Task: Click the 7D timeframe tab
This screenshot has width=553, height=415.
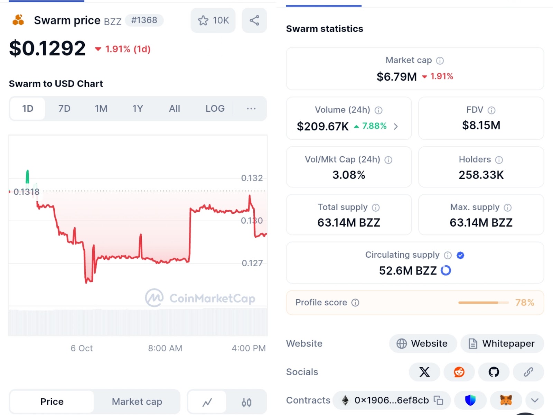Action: [64, 109]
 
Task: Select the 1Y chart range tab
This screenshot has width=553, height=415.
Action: [138, 109]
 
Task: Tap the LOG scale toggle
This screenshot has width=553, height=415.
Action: [215, 109]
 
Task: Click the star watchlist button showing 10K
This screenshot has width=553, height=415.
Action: [213, 20]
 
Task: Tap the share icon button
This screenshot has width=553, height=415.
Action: [254, 20]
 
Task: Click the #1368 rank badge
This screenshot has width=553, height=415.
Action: [144, 20]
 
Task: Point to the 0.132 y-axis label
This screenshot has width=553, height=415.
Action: [252, 178]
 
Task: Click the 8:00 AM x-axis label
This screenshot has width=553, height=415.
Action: [165, 348]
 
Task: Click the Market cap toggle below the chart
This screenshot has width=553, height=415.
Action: [137, 402]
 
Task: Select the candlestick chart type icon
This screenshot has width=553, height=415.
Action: [246, 402]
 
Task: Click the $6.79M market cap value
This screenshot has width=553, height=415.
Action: [397, 76]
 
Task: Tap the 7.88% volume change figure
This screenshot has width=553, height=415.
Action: [374, 126]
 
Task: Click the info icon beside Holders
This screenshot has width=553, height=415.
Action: [499, 160]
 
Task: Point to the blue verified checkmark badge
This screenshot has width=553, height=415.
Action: [460, 255]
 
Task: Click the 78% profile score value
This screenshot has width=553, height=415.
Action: [525, 303]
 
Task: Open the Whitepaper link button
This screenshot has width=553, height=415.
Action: [502, 343]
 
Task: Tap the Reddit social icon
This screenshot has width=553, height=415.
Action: [459, 372]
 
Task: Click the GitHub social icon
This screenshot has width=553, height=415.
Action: [494, 372]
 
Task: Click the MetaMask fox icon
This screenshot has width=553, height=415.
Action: [506, 400]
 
